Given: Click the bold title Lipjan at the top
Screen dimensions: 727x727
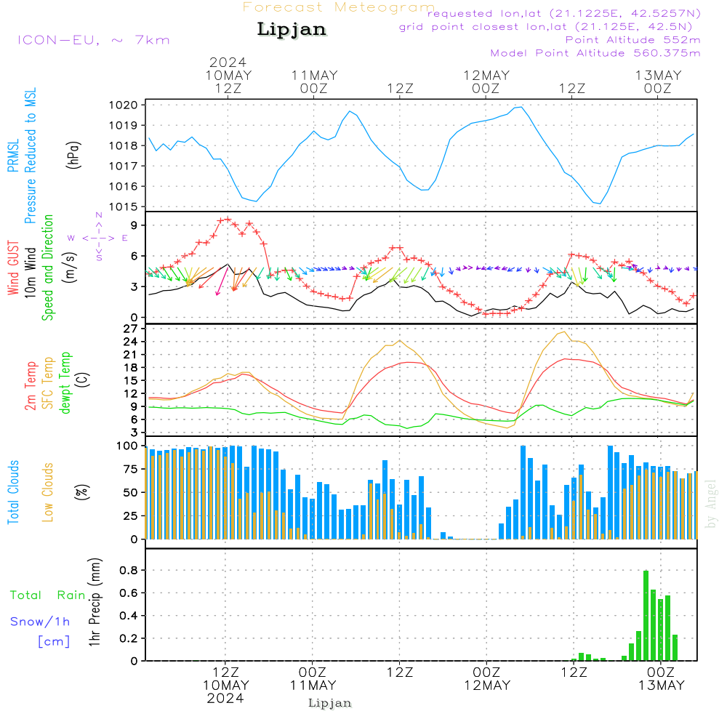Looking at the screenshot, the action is tap(292, 30).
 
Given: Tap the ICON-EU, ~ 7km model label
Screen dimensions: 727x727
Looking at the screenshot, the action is tap(94, 40).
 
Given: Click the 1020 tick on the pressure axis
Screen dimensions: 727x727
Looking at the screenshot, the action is tap(124, 105).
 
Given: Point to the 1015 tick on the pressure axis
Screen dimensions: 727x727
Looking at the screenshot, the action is tap(124, 206).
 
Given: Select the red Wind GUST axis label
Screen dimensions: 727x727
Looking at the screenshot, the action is tap(13, 268).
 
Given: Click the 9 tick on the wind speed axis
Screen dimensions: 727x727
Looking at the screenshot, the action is tap(134, 225).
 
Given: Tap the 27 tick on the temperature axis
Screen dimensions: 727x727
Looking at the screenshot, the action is tap(131, 329).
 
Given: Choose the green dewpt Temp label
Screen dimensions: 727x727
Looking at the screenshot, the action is tap(65, 382).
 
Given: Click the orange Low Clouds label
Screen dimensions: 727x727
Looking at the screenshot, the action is tap(47, 492).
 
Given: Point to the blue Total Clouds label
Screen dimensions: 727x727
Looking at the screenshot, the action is tap(13, 492).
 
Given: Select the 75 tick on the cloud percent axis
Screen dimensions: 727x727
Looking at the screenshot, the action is tap(131, 469).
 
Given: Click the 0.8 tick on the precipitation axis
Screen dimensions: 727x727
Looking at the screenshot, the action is tap(129, 570).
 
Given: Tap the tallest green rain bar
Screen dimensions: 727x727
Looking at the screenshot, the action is tap(646, 615).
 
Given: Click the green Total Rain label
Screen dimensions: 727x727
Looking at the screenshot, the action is tap(48, 595).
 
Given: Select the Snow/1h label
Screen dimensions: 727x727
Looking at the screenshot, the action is tap(40, 622).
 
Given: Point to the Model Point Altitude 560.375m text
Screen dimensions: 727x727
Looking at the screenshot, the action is tap(595, 53).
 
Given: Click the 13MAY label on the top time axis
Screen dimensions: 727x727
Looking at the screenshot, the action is tap(659, 76).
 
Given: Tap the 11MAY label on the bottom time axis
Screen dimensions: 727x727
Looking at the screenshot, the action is tap(313, 686).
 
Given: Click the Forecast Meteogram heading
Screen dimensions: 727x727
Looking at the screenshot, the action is tap(339, 7).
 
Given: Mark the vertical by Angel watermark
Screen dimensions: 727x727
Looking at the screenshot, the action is tap(711, 504).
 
